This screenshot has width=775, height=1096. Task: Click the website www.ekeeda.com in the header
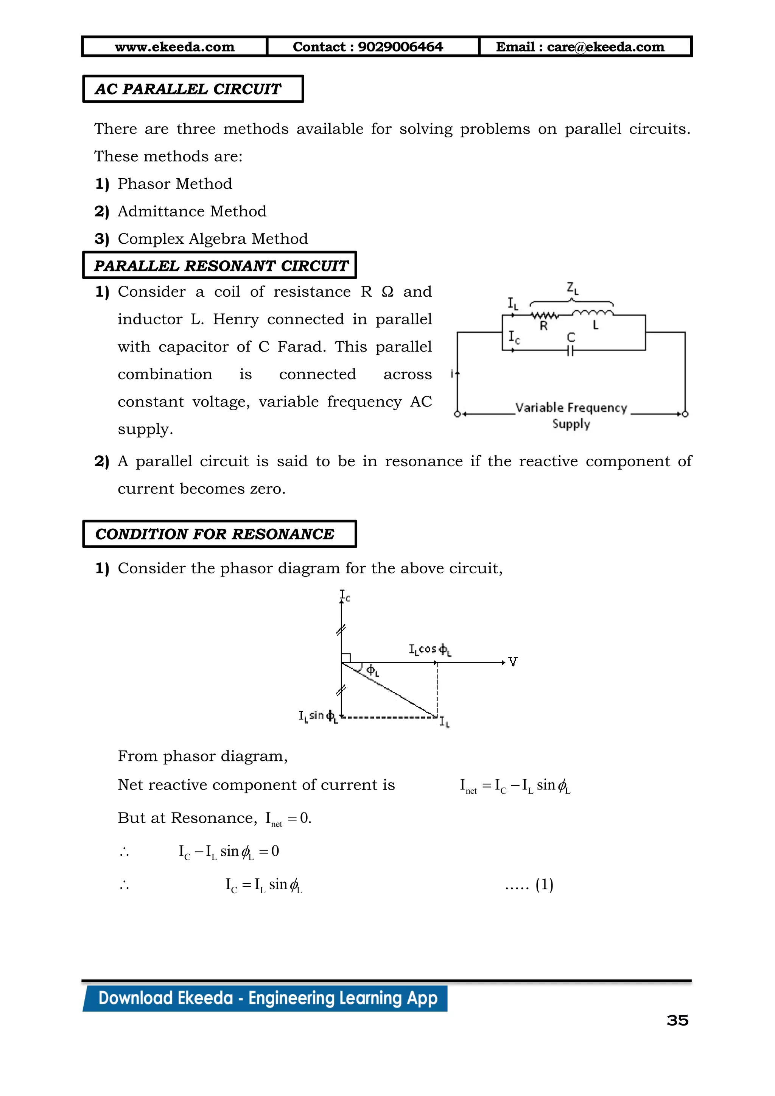(x=175, y=47)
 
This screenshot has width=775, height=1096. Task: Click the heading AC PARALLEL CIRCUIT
(x=188, y=89)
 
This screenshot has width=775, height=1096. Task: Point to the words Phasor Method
(x=175, y=184)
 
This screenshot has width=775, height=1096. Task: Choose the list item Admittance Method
(x=192, y=212)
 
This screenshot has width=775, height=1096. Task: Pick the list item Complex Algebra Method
(x=213, y=239)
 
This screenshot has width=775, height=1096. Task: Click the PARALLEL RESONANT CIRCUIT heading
(x=221, y=266)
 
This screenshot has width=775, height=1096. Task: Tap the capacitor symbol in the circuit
(x=570, y=351)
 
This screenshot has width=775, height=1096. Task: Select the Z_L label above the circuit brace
(x=572, y=288)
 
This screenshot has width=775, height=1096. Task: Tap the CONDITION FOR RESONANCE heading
(x=215, y=534)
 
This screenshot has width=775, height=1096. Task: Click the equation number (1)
(x=544, y=884)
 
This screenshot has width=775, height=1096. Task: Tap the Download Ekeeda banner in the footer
(x=267, y=999)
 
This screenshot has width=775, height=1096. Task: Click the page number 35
(x=677, y=1021)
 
